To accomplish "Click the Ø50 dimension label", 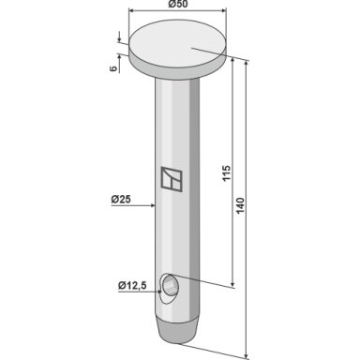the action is click(177, 5).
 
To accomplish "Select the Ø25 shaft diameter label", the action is click(121, 199).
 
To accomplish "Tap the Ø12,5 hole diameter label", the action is click(132, 285).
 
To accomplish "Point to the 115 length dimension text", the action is click(226, 172).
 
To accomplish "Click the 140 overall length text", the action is click(240, 205).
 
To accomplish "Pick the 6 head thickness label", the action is click(113, 68).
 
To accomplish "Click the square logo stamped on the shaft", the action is click(172, 178).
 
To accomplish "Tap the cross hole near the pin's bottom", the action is click(169, 288).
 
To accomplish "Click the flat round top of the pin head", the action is click(177, 43).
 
